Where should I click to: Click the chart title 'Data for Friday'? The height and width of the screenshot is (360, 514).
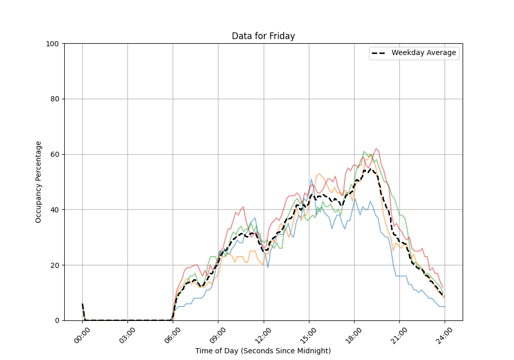pyautogui.click(x=263, y=36)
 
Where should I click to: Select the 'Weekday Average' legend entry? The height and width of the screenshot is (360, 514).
pyautogui.click(x=423, y=53)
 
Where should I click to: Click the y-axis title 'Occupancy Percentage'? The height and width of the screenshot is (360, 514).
pyautogui.click(x=39, y=182)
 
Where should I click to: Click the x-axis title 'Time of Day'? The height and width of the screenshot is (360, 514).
pyautogui.click(x=263, y=351)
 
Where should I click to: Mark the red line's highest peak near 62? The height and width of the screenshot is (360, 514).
pyautogui.click(x=376, y=149)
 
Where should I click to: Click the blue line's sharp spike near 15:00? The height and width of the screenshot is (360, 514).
pyautogui.click(x=311, y=179)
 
